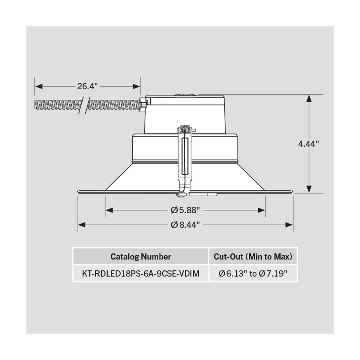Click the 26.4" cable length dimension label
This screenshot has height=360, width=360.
point(88,86)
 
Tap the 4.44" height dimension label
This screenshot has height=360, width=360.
point(308,144)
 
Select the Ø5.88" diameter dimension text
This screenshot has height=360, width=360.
point(185,210)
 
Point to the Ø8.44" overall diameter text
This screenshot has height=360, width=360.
point(185,225)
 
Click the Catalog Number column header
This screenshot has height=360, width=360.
point(141,257)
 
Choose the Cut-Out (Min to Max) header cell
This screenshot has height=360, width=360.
point(253,257)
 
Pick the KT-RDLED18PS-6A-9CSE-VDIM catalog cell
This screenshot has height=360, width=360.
point(141,274)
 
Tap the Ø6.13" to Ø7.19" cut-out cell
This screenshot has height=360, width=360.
point(253,274)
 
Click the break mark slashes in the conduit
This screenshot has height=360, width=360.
point(84,105)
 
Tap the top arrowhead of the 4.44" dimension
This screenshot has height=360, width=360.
point(309,97)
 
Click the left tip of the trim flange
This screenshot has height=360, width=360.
point(78,191)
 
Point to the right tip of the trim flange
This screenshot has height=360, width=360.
point(292,191)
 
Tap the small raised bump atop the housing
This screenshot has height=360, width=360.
point(185,95)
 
